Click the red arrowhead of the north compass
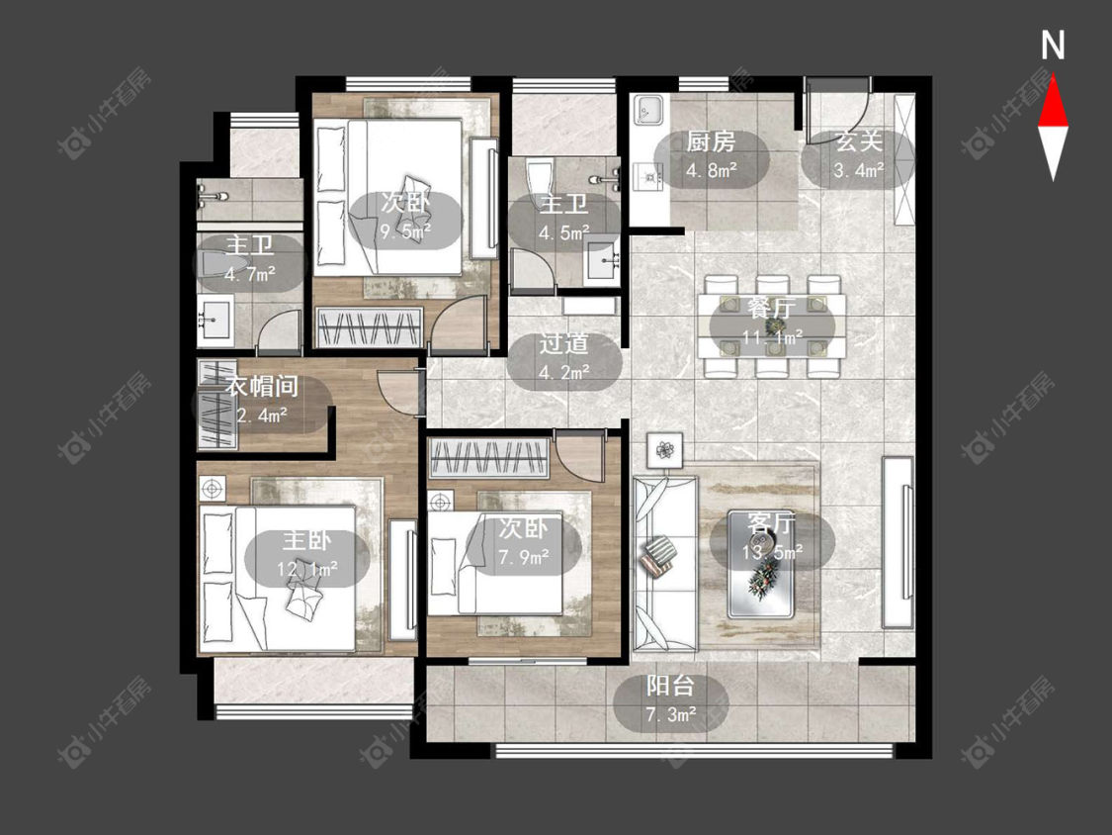[x=1053, y=102]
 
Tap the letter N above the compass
[x=1053, y=46]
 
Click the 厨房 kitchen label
[x=711, y=142]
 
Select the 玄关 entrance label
[x=859, y=141]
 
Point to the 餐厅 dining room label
[x=772, y=308]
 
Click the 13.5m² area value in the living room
[x=772, y=551]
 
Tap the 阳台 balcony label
[x=670, y=686]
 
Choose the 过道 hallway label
[x=563, y=343]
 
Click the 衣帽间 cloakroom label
[x=262, y=386]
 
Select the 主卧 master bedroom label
[x=307, y=540]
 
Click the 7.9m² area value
[x=523, y=557]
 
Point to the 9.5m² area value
[x=405, y=232]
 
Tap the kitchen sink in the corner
[x=648, y=111]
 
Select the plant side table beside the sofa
[x=664, y=450]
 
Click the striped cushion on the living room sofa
[x=659, y=555]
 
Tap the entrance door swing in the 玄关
[x=838, y=110]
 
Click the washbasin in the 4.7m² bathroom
[x=214, y=322]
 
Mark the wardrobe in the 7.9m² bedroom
[x=490, y=458]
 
